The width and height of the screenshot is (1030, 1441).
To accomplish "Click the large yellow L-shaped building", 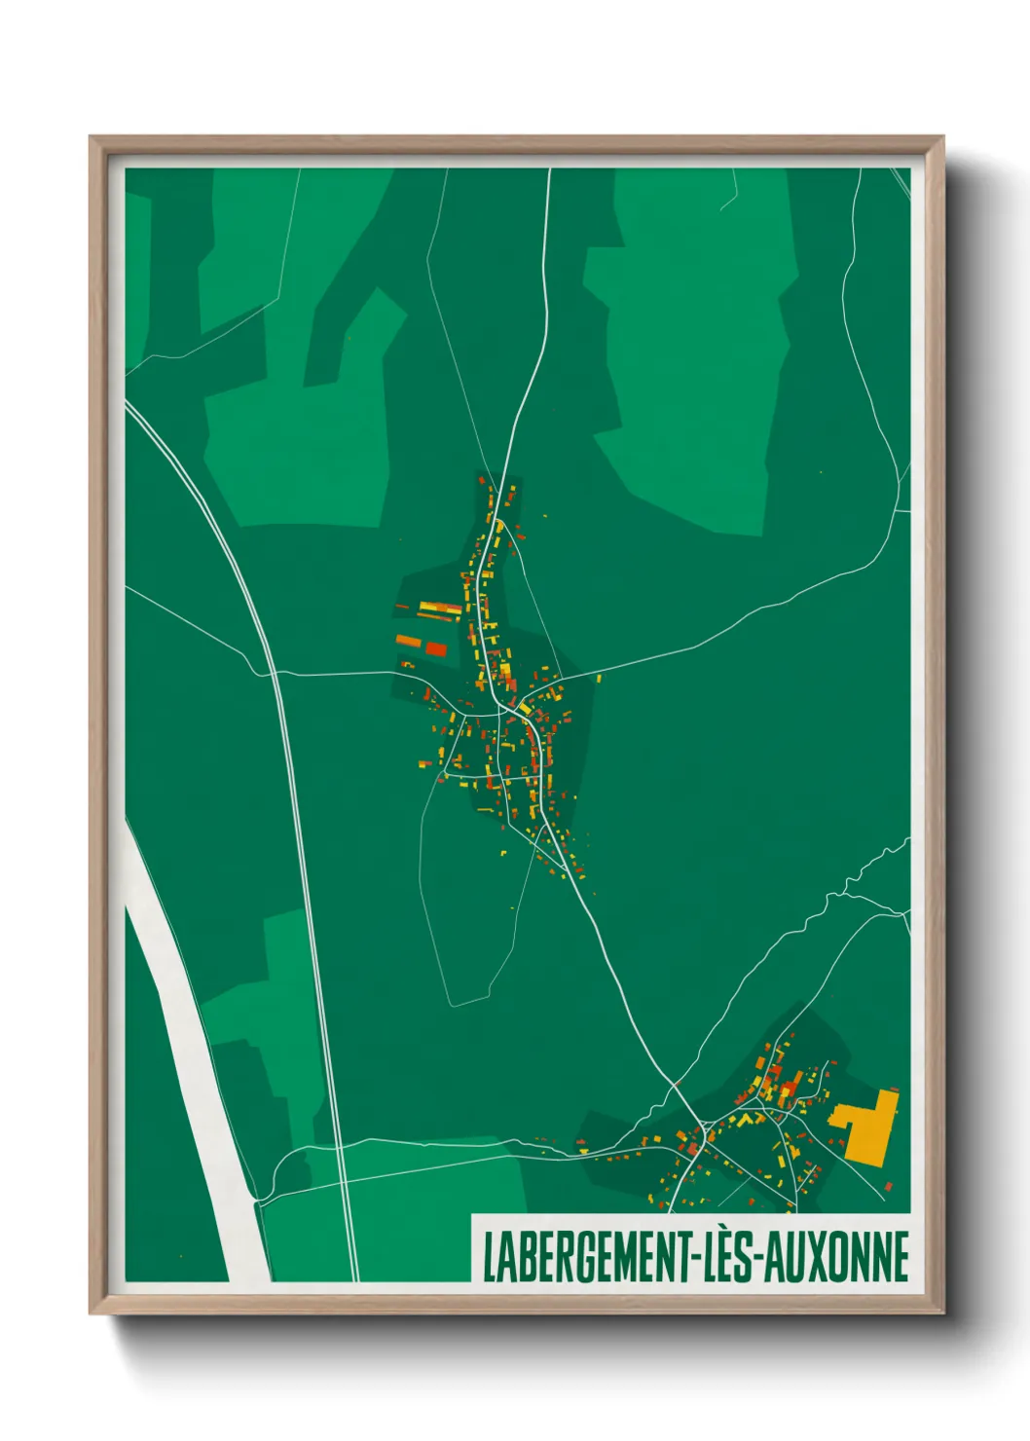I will (866, 1129).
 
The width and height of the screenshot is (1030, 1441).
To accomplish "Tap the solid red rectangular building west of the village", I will (435, 648).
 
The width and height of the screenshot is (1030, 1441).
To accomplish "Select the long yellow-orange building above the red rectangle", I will (440, 609).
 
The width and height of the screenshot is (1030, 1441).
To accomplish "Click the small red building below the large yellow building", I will (888, 1185).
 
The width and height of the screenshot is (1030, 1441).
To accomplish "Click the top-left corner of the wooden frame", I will (92, 138).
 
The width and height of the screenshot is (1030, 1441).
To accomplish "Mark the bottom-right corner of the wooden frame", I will (943, 1313).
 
